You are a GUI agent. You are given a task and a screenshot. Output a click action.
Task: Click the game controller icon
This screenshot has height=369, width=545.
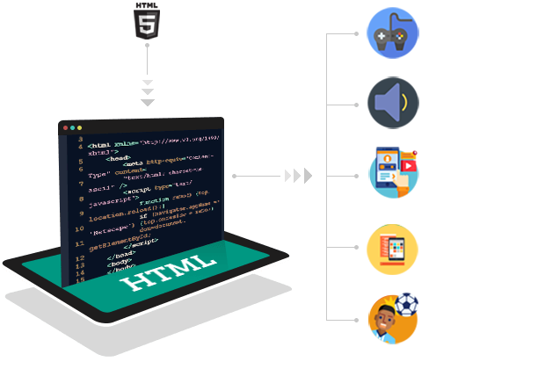tap(392, 33)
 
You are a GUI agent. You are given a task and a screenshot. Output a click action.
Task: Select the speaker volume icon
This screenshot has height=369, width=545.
tap(392, 103)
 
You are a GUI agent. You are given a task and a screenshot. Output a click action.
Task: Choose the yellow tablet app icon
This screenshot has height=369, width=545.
tap(392, 250)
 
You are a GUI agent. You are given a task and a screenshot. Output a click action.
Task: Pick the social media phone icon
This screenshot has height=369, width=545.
tap(392, 172)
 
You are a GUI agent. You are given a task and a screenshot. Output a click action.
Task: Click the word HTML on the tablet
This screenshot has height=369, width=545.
tap(168, 271)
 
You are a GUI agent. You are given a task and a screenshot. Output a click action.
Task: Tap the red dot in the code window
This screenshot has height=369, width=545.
tap(64, 128)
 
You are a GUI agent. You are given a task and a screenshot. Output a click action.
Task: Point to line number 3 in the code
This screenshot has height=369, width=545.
tap(80, 139)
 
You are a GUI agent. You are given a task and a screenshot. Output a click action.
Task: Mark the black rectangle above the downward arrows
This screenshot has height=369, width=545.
tap(147, 21)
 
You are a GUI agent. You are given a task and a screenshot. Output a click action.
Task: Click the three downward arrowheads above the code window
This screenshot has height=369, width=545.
tap(147, 92)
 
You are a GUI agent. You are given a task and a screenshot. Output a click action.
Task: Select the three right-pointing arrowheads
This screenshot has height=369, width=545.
tap(298, 176)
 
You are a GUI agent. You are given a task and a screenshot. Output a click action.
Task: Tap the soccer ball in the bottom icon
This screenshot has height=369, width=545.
tap(407, 303)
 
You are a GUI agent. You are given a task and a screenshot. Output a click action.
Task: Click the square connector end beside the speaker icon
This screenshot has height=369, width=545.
tap(356, 105)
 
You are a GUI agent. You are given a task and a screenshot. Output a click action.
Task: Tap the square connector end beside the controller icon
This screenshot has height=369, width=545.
tap(356, 34)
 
